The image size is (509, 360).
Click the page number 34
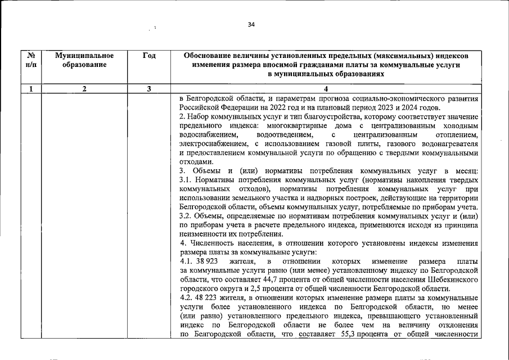pyautogui.click(x=251, y=25)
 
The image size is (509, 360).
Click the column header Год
pyautogui.click(x=149, y=56)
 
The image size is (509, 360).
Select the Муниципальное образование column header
pyautogui.click(x=84, y=60)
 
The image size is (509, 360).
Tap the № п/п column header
pyautogui.click(x=31, y=60)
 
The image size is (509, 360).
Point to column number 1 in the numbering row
pyautogui.click(x=31, y=88)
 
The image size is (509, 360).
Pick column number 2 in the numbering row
pyautogui.click(x=84, y=88)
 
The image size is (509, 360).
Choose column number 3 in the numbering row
pyautogui.click(x=149, y=88)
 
